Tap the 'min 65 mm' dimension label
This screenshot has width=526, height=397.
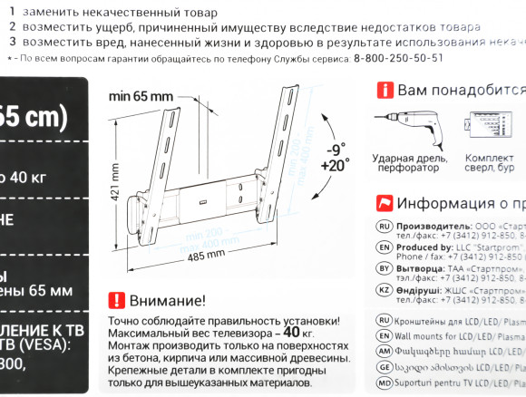pyautogui.click(x=141, y=95)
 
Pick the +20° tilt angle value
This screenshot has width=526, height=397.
pyautogui.click(x=334, y=166)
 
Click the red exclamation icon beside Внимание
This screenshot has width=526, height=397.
pyautogui.click(x=116, y=300)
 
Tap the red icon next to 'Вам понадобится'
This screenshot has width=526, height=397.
pyautogui.click(x=385, y=91)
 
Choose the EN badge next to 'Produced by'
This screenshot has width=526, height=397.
pyautogui.click(x=384, y=247)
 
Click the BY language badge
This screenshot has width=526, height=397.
pyautogui.click(x=384, y=269)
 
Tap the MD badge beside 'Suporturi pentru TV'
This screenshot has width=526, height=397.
pyautogui.click(x=384, y=384)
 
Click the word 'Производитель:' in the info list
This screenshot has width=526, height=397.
pyautogui.click(x=437, y=226)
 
